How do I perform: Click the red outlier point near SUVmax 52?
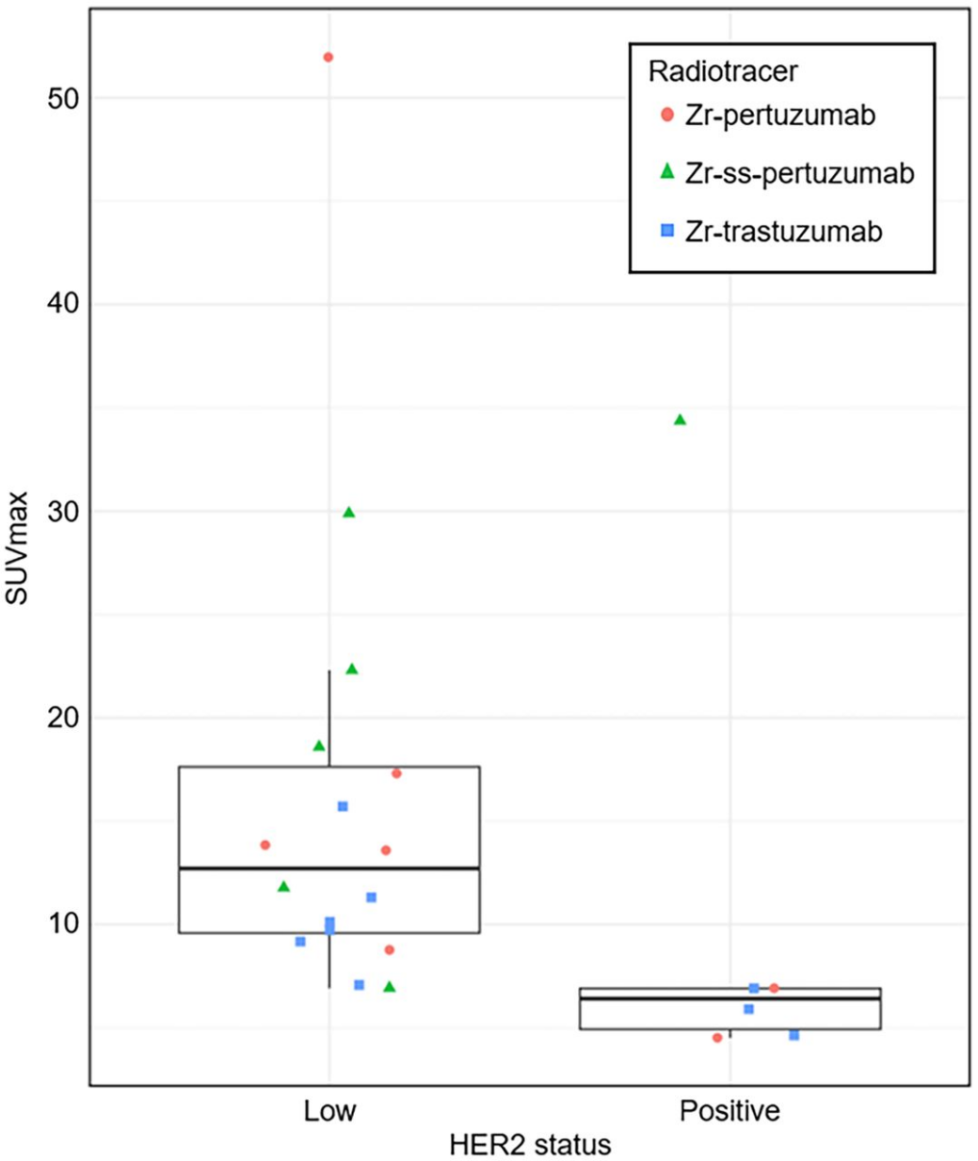328,57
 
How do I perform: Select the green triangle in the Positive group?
680,420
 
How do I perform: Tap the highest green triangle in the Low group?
348,513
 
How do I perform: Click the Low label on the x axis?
329,1111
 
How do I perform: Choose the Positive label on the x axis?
729,1111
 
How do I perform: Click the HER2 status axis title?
530,1144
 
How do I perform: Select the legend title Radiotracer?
723,71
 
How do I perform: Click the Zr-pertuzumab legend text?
780,115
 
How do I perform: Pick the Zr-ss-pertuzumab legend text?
799,173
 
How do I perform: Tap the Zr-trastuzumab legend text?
783,231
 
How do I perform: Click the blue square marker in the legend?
667,231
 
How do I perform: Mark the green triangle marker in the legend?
667,172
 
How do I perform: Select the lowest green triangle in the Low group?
389,987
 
